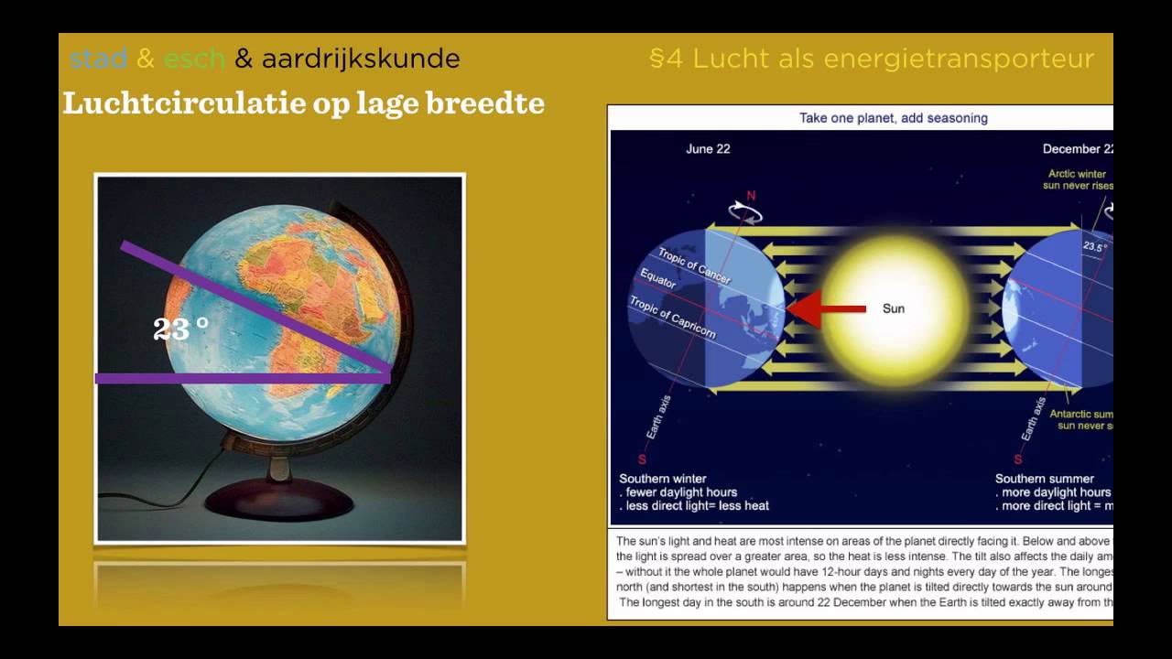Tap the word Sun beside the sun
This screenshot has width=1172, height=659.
point(894,309)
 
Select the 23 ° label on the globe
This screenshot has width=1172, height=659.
point(180,329)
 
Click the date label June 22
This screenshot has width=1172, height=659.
point(708,149)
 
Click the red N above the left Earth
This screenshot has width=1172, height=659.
point(752,196)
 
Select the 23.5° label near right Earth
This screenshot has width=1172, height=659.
point(1095,246)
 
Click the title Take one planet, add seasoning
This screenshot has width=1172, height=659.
point(893,118)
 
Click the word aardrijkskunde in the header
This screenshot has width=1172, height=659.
point(360,59)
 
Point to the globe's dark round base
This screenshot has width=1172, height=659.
point(279,499)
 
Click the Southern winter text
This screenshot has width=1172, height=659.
point(664,479)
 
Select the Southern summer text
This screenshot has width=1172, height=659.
point(1044,479)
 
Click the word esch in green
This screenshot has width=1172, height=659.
point(194,59)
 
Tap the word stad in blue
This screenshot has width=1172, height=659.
point(98,59)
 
